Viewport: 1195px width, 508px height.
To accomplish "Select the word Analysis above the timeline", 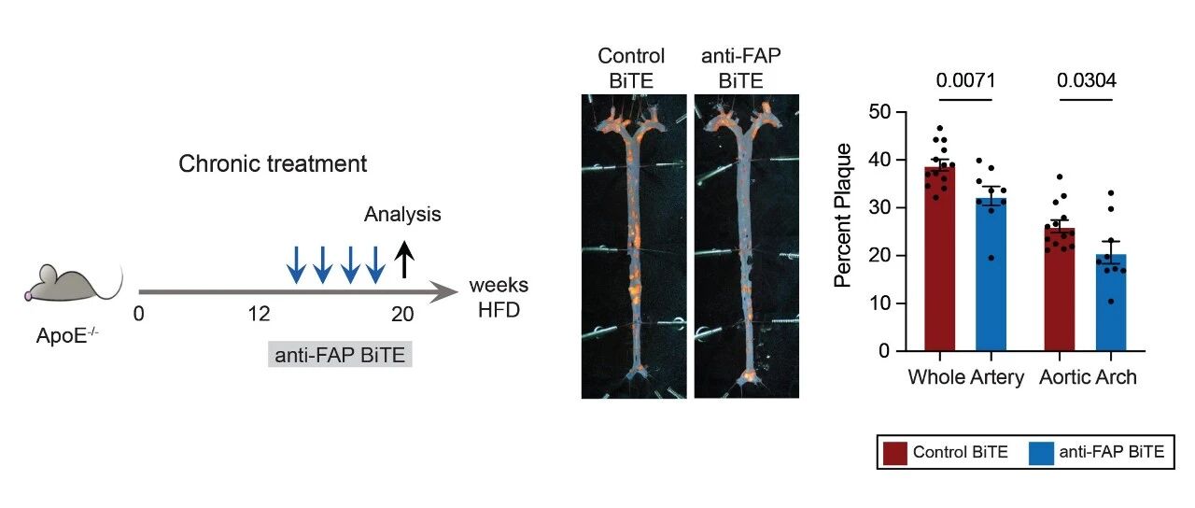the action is (402, 215).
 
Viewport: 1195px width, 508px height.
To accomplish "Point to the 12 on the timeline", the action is (259, 315).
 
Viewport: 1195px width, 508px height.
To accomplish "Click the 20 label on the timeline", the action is (402, 315).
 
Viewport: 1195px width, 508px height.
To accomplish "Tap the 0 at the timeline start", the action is (138, 315).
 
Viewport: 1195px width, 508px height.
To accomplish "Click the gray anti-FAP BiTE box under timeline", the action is (340, 355).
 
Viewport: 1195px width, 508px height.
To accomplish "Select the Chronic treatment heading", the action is (273, 164).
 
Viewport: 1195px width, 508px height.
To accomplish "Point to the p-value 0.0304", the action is (1087, 79).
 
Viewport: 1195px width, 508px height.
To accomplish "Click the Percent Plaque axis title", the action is (843, 215).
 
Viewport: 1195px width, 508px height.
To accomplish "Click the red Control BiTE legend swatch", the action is (893, 453).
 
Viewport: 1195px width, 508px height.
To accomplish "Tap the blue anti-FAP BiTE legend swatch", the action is (1040, 453).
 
